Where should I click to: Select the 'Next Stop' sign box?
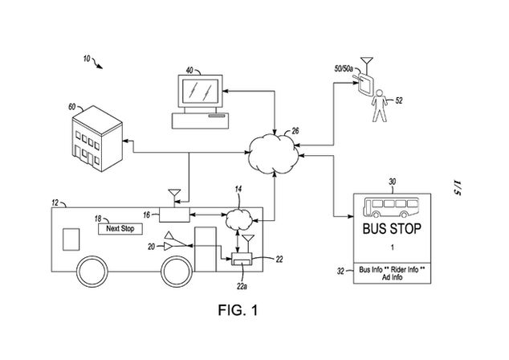pyautogui.click(x=121, y=229)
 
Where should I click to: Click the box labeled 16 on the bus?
pyautogui.click(x=173, y=214)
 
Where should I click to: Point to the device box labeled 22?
pyautogui.click(x=241, y=260)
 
